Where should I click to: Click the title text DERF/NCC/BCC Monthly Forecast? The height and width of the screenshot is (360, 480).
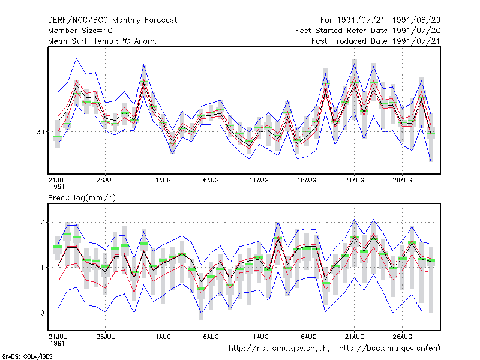112,20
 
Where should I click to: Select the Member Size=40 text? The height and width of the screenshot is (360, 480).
80,31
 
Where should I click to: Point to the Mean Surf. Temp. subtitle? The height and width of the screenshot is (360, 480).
103,41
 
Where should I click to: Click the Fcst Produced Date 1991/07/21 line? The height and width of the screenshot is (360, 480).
376,41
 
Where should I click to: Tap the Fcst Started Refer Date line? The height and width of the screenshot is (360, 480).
368,31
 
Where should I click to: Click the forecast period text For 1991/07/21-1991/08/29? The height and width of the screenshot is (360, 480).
380,20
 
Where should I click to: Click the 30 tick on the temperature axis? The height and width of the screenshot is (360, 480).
40,132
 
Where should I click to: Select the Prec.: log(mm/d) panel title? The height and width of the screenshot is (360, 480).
82,198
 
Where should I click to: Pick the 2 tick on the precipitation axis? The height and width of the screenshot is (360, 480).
42,222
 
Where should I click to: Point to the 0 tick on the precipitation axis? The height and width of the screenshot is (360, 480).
42,313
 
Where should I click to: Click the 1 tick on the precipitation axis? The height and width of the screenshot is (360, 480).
42,268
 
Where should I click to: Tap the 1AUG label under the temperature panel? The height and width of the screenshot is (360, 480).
163,180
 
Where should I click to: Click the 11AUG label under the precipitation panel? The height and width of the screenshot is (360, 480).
259,337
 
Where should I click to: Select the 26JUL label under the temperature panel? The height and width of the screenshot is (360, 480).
106,180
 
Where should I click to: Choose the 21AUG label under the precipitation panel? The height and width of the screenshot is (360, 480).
355,337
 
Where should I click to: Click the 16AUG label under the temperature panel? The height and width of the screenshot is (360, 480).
307,180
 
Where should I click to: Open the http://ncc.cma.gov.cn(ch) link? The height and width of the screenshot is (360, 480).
279,349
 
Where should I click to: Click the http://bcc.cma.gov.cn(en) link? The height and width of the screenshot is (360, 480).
389,349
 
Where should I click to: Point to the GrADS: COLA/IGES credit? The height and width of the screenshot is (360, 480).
27,356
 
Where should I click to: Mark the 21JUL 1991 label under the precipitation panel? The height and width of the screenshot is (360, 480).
58,340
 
